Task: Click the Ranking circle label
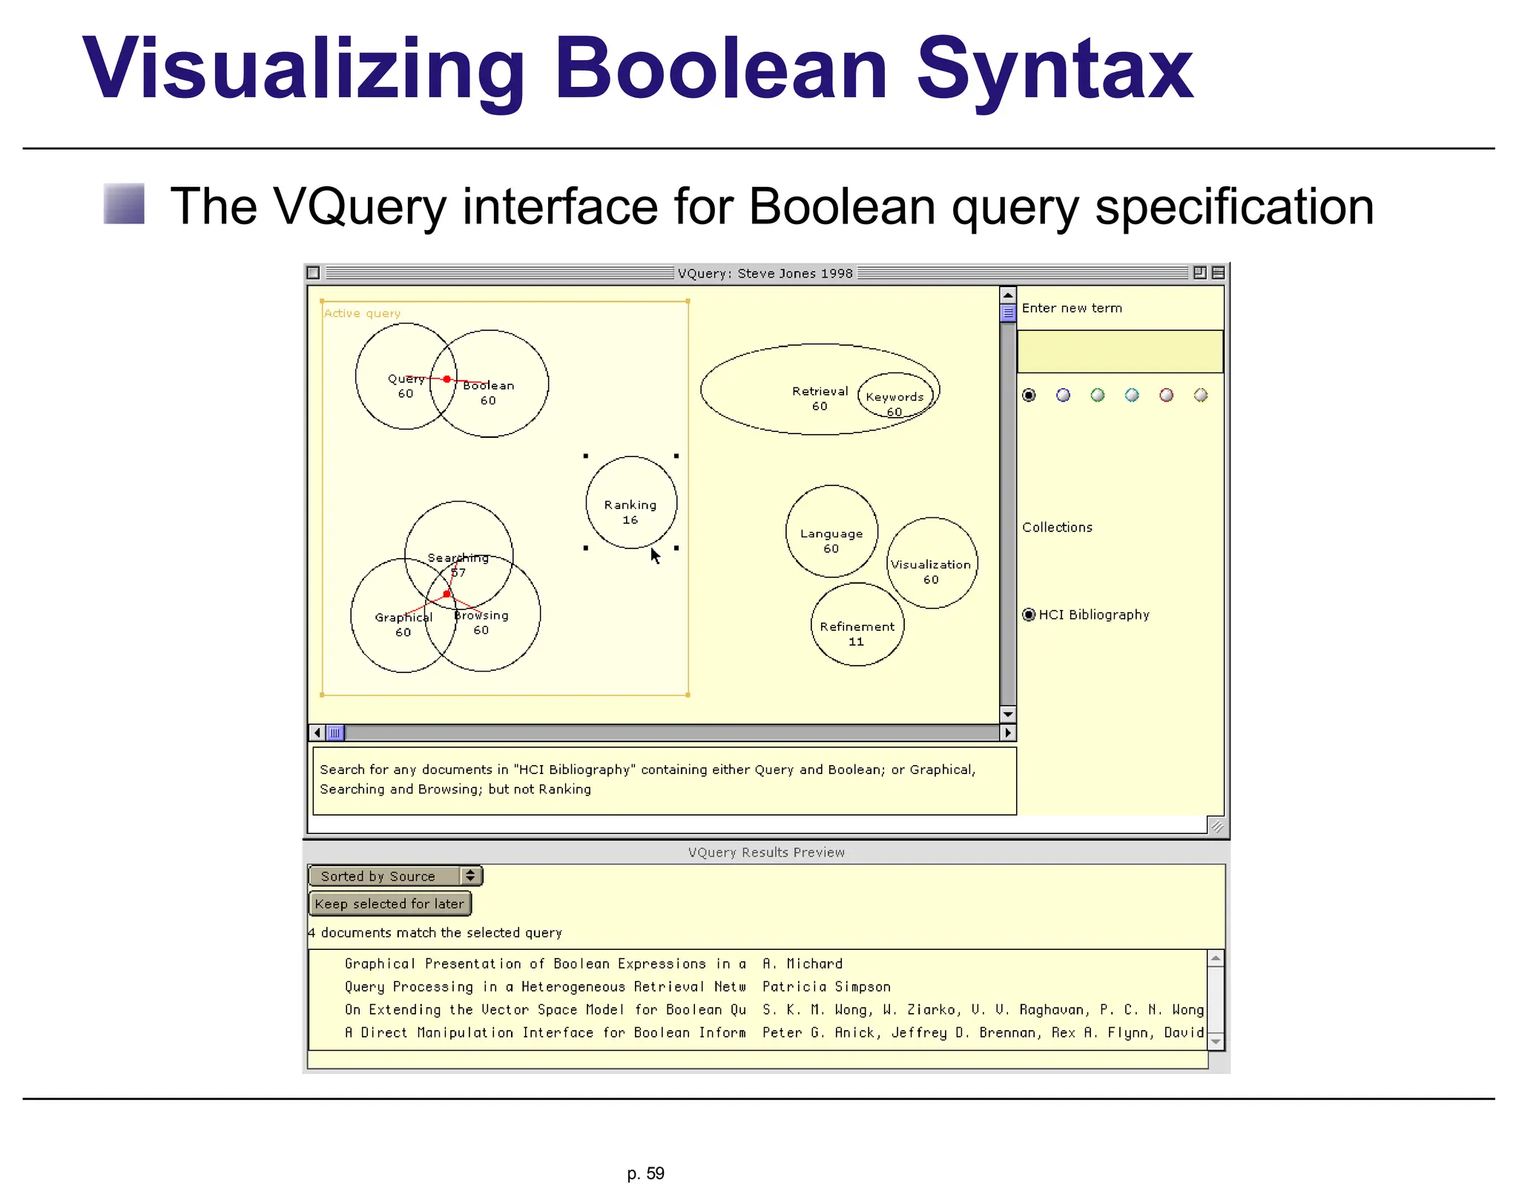(x=630, y=505)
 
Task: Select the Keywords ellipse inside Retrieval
(x=895, y=397)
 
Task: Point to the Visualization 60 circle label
(x=931, y=565)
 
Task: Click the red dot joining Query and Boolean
(x=447, y=379)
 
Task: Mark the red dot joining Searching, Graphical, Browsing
(x=447, y=594)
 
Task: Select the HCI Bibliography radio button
(x=1029, y=614)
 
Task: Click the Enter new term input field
(x=1119, y=352)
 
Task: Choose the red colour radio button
(x=1166, y=395)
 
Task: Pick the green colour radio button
(x=1098, y=395)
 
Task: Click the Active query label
(x=362, y=313)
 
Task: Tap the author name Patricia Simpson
(x=826, y=987)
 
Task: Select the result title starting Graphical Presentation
(x=544, y=964)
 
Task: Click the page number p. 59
(x=645, y=1173)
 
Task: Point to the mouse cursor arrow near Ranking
(x=655, y=555)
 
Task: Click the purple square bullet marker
(x=124, y=203)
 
